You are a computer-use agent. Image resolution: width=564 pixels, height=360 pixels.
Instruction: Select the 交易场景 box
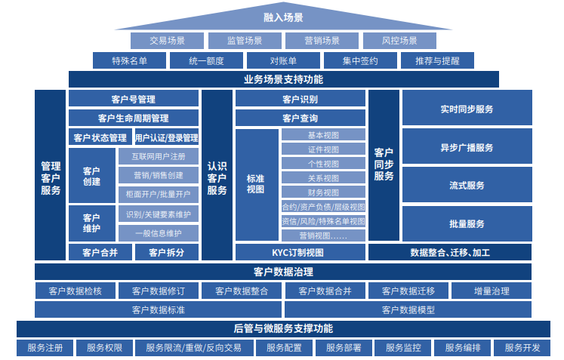tap(167, 41)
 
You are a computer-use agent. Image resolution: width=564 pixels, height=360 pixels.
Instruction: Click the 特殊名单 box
tap(129, 61)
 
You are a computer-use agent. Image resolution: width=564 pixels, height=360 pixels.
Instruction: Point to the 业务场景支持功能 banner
tap(283, 79)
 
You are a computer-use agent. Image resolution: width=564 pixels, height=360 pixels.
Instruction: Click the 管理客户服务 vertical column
tap(51, 176)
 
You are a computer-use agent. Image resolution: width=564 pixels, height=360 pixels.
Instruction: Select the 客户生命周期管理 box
tap(134, 118)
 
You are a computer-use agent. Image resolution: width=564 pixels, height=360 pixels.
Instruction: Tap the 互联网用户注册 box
tap(158, 157)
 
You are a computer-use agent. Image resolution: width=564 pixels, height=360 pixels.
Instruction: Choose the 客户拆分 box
tap(166, 253)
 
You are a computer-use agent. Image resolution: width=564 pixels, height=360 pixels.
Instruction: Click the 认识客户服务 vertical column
tap(217, 176)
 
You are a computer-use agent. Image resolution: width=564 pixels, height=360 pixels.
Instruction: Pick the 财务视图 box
tap(323, 192)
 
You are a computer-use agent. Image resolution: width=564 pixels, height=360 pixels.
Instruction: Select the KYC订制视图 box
tap(300, 253)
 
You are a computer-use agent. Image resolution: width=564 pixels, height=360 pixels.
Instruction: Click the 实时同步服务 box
tap(467, 109)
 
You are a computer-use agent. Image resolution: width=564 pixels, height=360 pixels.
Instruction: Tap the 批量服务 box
tap(467, 224)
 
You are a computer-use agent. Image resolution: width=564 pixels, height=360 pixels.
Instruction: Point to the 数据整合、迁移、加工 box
tap(450, 253)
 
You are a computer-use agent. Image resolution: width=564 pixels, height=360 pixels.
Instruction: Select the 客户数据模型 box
tap(408, 309)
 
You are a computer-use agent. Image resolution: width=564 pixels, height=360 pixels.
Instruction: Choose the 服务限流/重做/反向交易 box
tap(194, 348)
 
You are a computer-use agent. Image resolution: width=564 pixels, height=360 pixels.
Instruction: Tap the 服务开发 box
tap(522, 348)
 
